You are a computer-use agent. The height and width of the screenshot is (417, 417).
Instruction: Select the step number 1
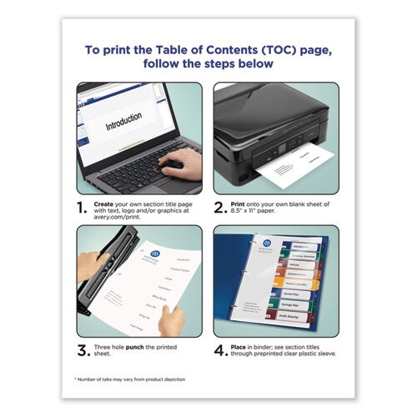pos(82,207)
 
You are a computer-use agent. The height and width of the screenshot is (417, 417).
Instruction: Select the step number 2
pos(219,207)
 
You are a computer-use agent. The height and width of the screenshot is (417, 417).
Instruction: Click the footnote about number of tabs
pos(142,379)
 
